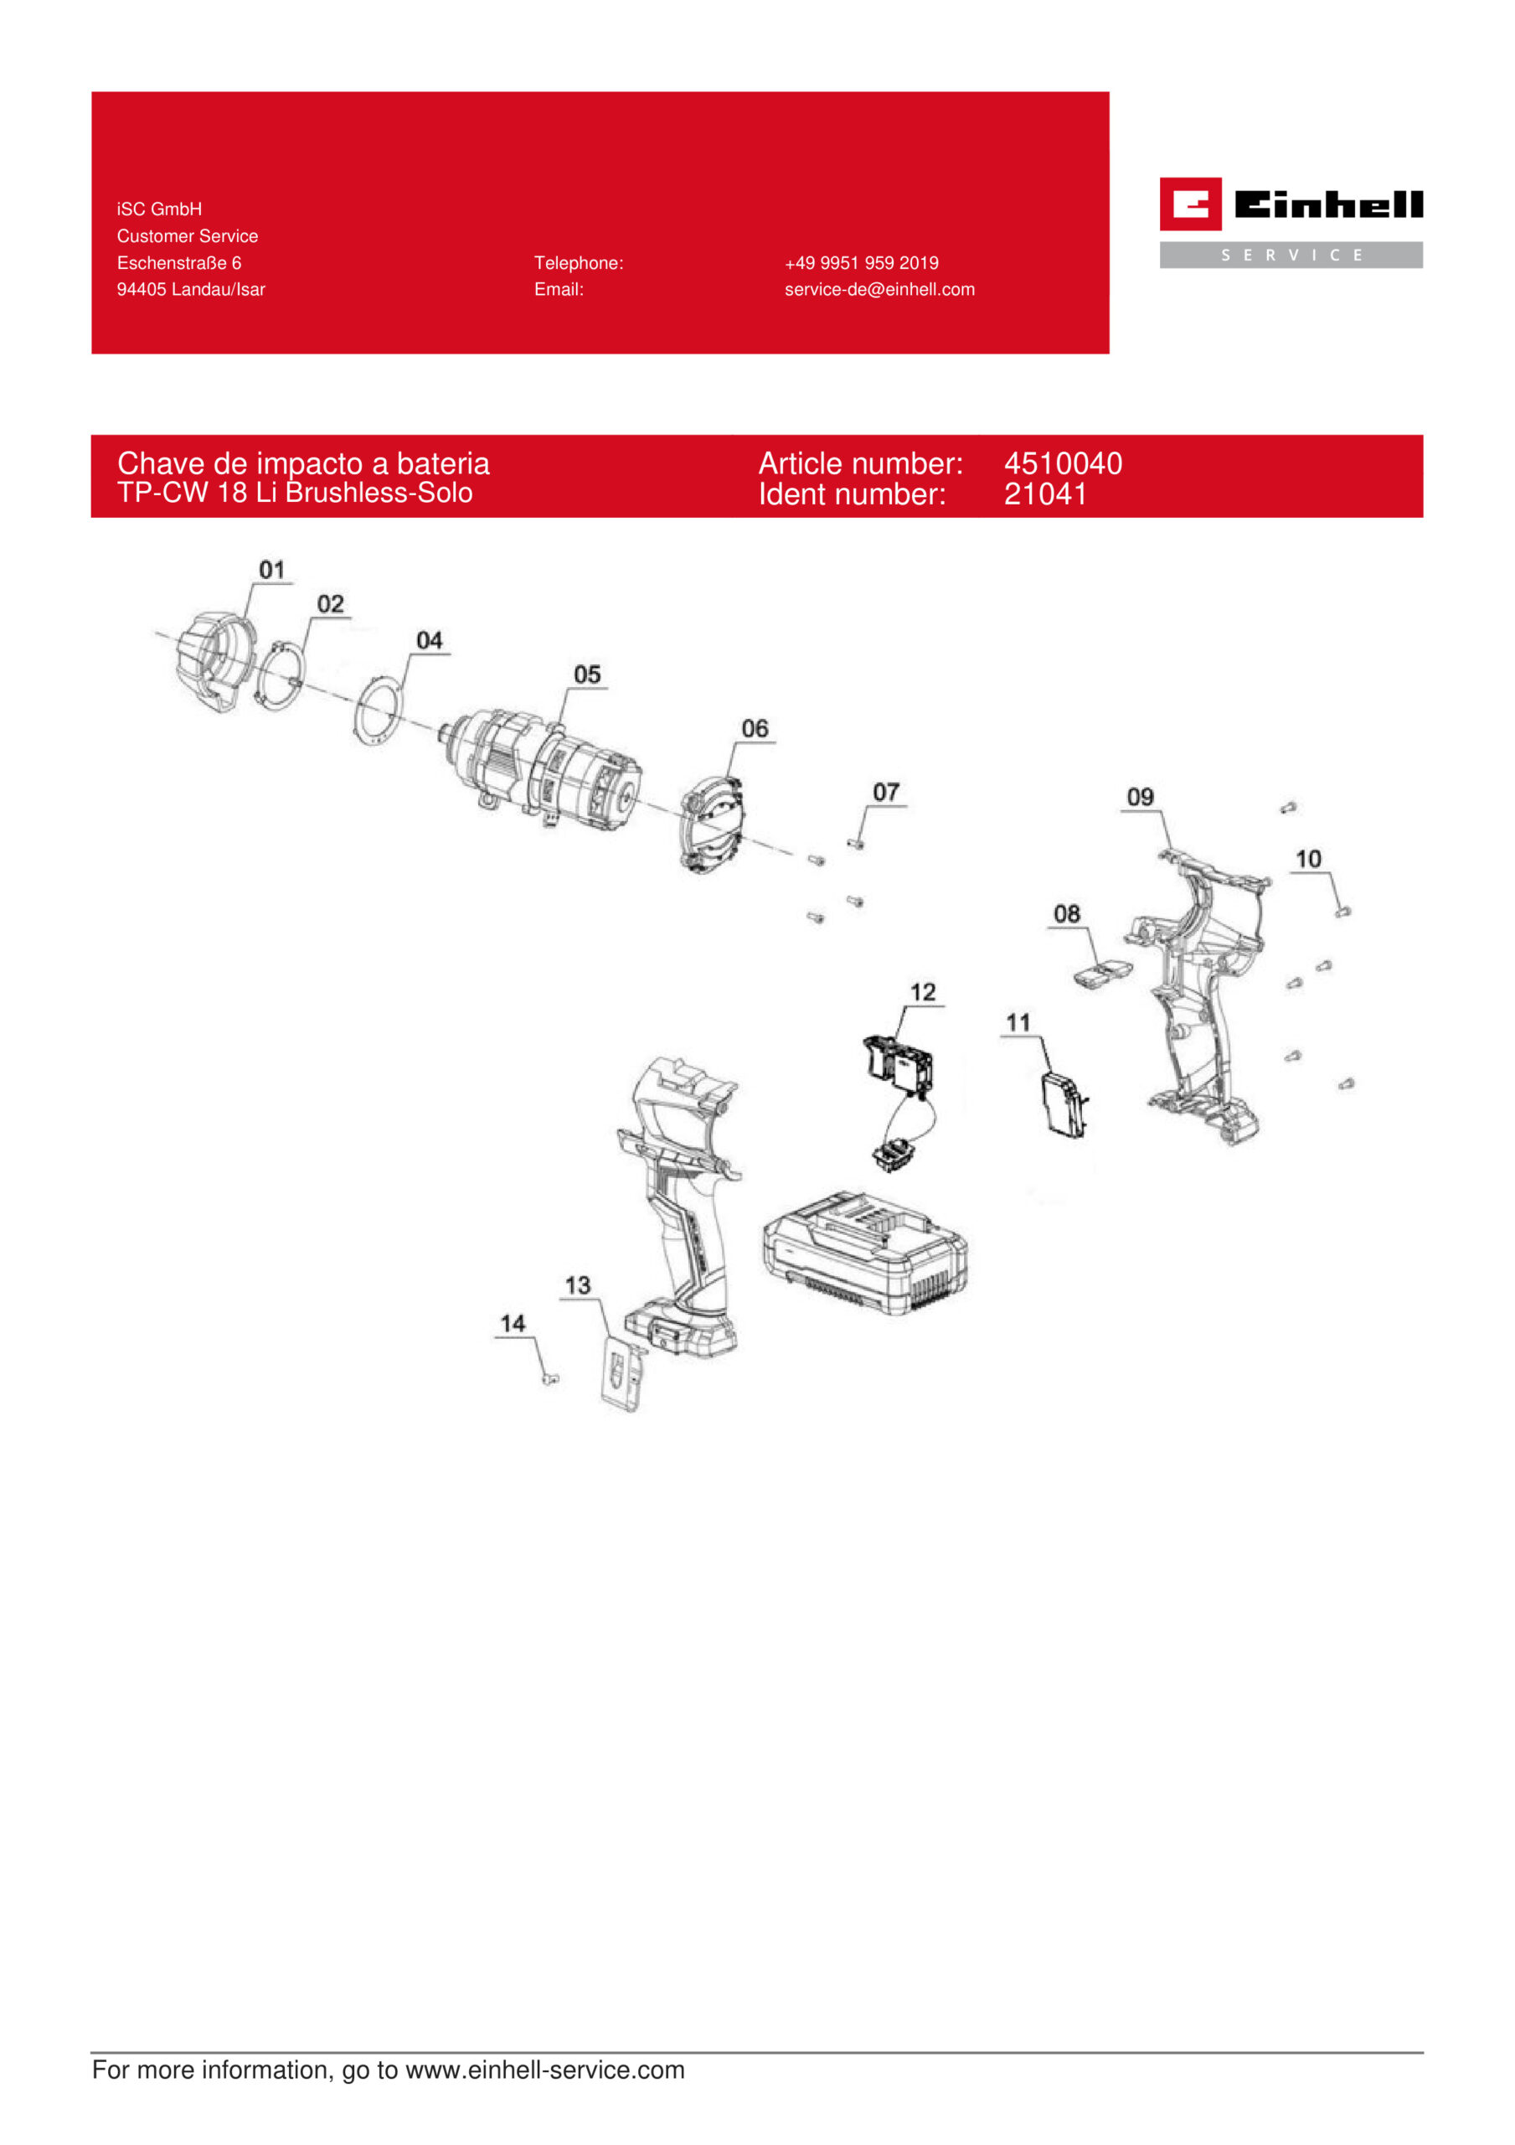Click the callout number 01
tap(272, 570)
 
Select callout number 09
tap(1141, 797)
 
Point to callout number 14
tap(513, 1324)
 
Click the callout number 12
tap(923, 992)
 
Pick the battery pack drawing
tap(865, 1253)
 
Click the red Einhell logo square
tap(1191, 204)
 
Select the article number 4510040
tap(1063, 463)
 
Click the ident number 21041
tap(1045, 494)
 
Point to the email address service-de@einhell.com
tap(880, 290)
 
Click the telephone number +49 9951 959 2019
tap(861, 263)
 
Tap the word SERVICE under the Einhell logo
tap(1291, 255)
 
